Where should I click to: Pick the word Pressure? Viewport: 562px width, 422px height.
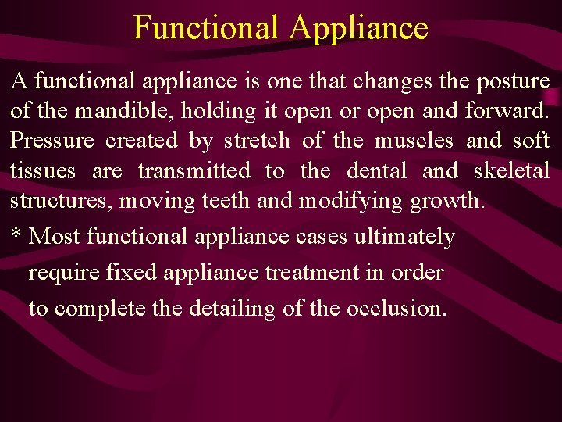[x=52, y=141]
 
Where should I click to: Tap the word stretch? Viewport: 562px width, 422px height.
[x=256, y=141]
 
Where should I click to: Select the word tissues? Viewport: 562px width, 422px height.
[x=43, y=170]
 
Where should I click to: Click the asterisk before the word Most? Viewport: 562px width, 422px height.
[x=16, y=234]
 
